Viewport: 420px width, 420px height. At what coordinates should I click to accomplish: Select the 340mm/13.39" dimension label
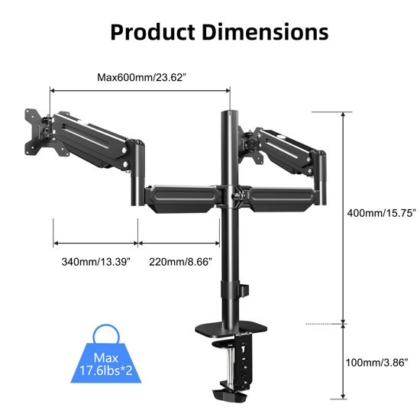(x=95, y=262)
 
